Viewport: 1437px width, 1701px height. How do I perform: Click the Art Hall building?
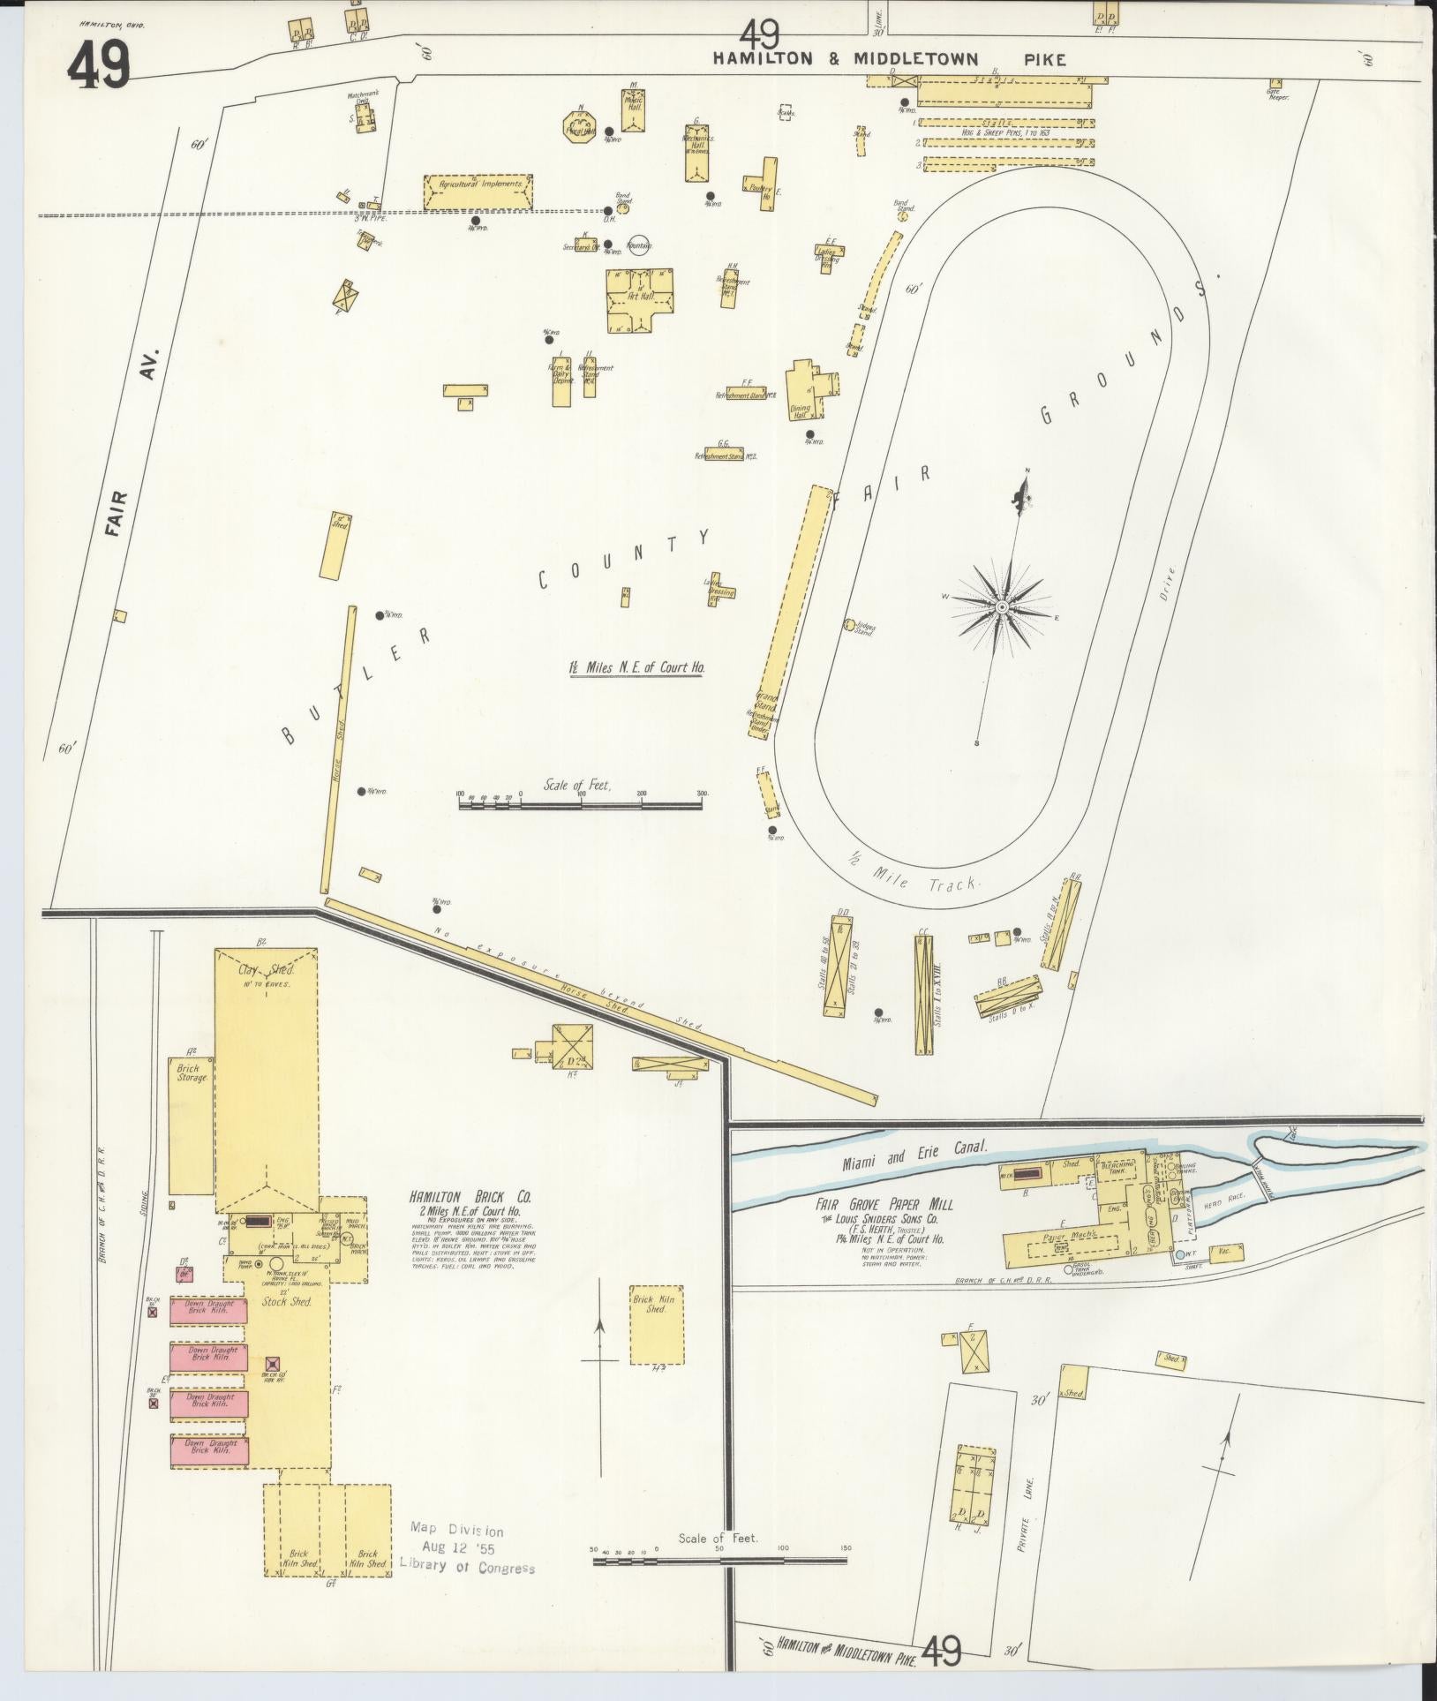pos(640,301)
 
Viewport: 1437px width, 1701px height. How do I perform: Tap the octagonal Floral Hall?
pos(581,125)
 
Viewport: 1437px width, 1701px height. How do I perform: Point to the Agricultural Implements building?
pos(478,192)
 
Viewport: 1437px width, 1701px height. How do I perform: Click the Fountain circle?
pos(638,245)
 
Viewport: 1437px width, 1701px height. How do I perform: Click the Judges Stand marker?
pos(849,625)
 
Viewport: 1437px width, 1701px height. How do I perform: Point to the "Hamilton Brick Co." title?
pos(469,1198)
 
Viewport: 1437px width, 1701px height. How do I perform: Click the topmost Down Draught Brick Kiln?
pos(209,1308)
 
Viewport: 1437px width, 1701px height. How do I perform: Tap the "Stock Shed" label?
pos(287,1301)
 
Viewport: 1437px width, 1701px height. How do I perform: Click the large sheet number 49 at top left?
pos(99,66)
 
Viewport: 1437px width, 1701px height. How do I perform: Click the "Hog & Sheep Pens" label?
pos(1002,132)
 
